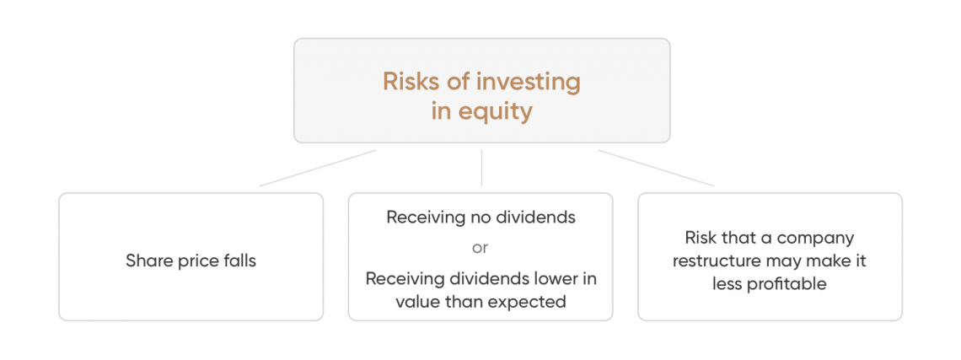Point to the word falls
(x=239, y=260)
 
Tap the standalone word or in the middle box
(x=480, y=249)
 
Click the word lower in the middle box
(x=558, y=279)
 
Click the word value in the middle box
(x=414, y=303)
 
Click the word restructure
(x=711, y=261)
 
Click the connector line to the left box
(x=318, y=168)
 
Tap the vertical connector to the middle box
(x=481, y=168)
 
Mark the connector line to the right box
(x=656, y=168)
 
